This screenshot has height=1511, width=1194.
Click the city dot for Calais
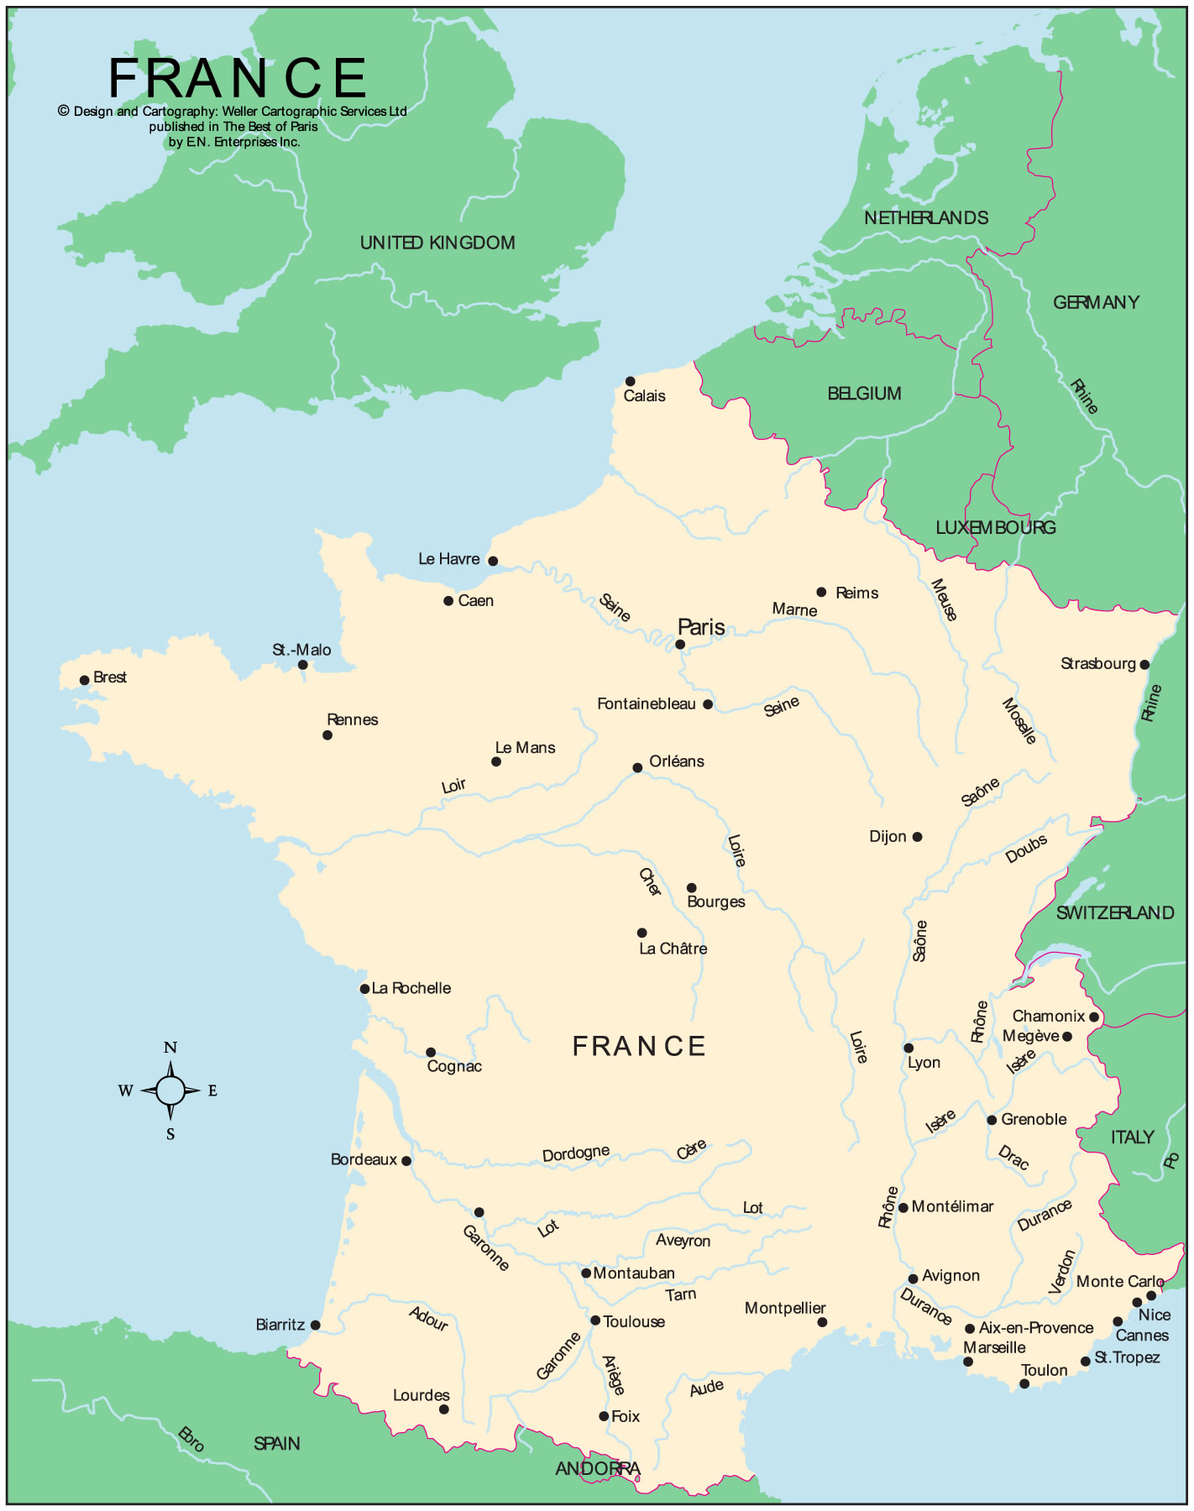[630, 381]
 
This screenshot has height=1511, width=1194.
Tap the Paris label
[700, 627]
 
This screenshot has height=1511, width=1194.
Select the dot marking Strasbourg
[1144, 665]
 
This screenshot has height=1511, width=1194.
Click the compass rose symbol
[170, 1090]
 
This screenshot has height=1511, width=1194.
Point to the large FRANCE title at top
[238, 79]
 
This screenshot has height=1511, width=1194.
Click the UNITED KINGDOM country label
[437, 243]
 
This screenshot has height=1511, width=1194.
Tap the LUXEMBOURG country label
[995, 527]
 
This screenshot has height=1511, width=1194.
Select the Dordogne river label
[575, 1153]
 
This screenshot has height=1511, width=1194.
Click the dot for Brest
[84, 681]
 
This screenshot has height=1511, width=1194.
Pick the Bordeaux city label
[363, 1159]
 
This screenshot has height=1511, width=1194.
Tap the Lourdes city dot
[444, 1409]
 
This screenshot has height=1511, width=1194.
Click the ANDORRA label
[597, 1468]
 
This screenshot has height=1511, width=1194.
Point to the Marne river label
[794, 609]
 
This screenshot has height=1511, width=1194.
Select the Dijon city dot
[917, 837]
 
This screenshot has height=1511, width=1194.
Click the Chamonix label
[1048, 1016]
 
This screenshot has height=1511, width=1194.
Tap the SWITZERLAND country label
[1114, 912]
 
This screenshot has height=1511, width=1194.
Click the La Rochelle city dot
[364, 989]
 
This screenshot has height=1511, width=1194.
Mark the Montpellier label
[784, 1308]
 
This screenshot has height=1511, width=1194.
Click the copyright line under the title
[233, 111]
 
